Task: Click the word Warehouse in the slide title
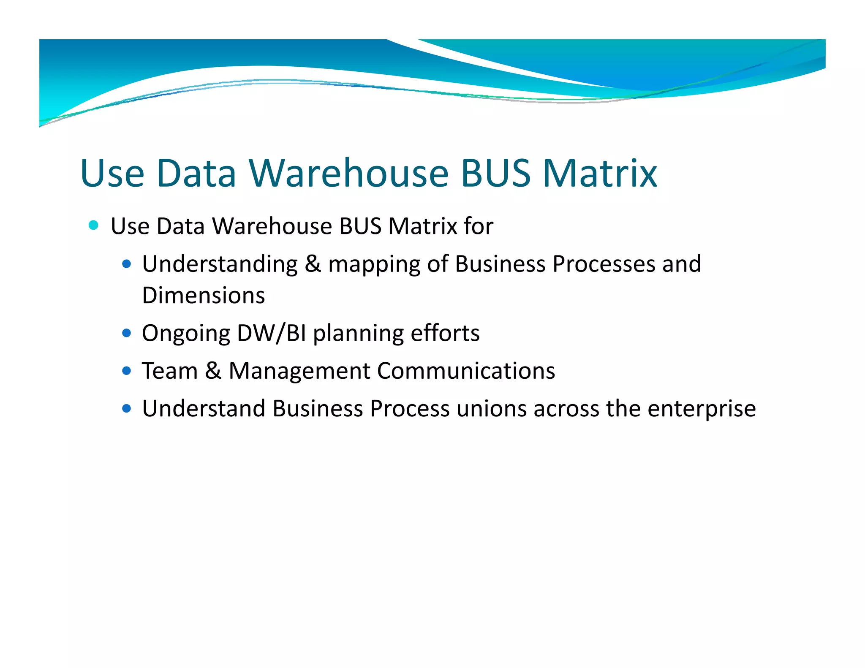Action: (349, 173)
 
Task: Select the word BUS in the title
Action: (495, 173)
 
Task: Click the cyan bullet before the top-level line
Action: (93, 225)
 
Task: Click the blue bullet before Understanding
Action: (126, 264)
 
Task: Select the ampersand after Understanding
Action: (313, 264)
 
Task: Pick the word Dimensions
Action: (204, 295)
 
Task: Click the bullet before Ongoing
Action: (126, 333)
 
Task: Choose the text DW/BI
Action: (272, 333)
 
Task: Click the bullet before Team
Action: (126, 371)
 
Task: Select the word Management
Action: (299, 371)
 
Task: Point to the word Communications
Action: (466, 371)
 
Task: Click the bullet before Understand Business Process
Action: (126, 409)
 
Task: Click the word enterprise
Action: (702, 410)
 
